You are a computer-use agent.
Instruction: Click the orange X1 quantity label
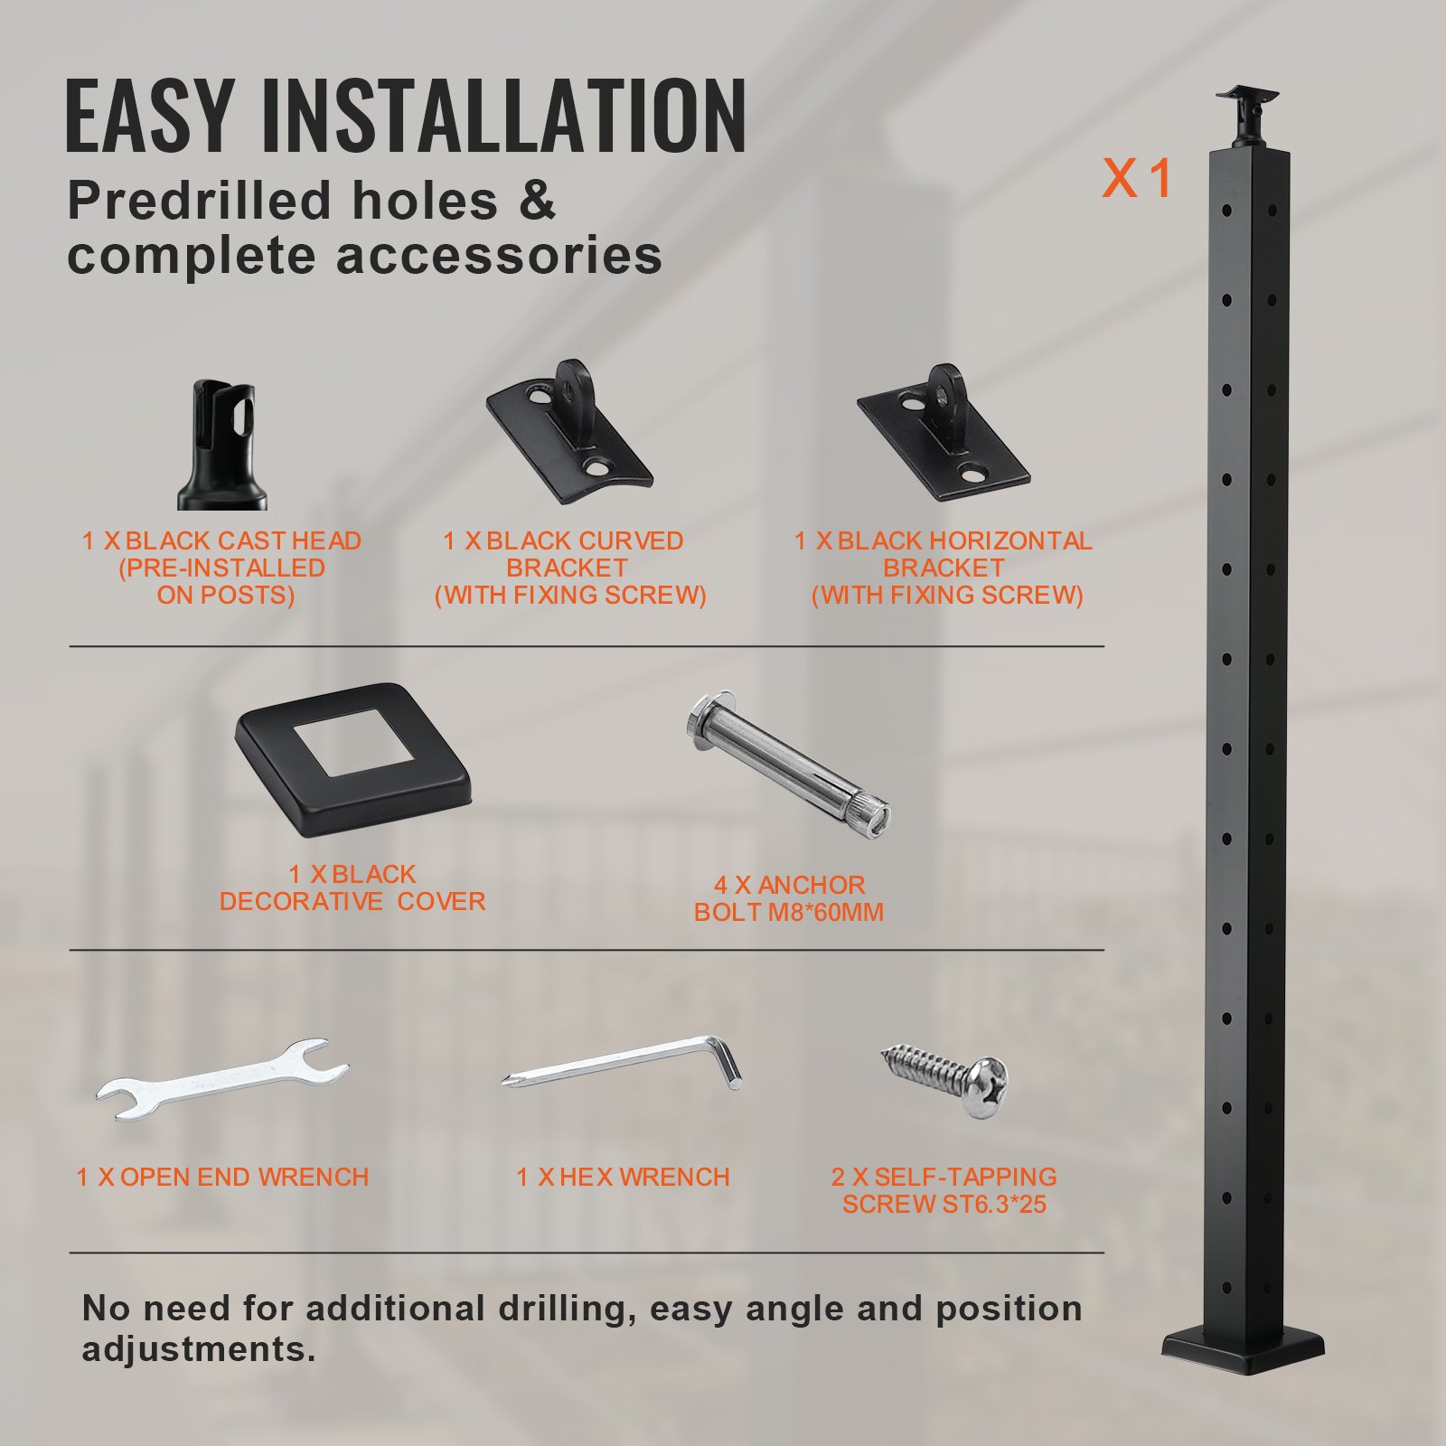pyautogui.click(x=1136, y=178)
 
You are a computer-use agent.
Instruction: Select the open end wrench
pyautogui.click(x=222, y=1079)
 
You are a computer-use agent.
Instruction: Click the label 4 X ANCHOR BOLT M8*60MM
pyautogui.click(x=789, y=898)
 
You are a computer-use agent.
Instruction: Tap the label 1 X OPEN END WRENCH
pyautogui.click(x=222, y=1177)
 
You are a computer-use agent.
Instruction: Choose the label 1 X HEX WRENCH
pyautogui.click(x=623, y=1177)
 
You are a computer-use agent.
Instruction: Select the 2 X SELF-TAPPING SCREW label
pyautogui.click(x=944, y=1190)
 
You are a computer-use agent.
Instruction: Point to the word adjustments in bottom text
pyautogui.click(x=199, y=1349)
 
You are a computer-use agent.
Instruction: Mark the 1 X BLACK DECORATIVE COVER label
pyautogui.click(x=352, y=887)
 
